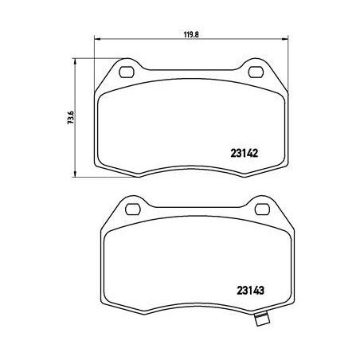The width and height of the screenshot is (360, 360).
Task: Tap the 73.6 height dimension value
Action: coord(71,117)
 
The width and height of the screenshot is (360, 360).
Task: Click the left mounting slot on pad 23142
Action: coord(127,73)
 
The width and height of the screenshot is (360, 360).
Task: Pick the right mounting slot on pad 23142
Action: coord(256,73)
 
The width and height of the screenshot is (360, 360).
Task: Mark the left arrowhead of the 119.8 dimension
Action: coord(98,41)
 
